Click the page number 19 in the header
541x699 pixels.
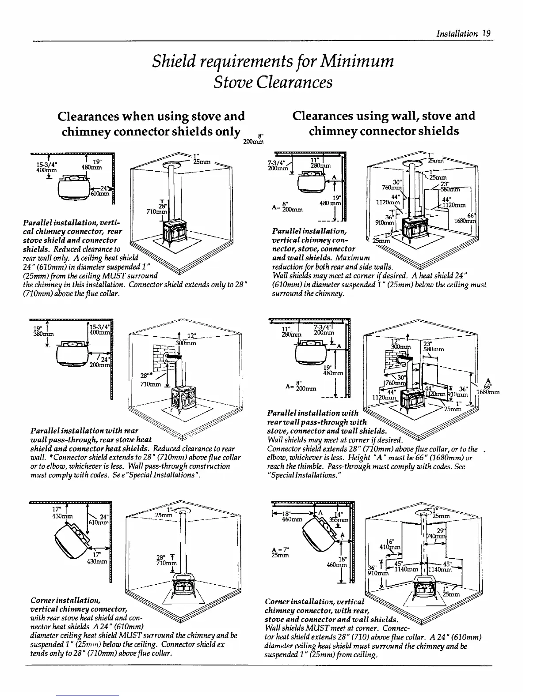487,34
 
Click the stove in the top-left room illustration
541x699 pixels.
174,232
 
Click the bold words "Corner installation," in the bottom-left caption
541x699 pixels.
65,600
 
